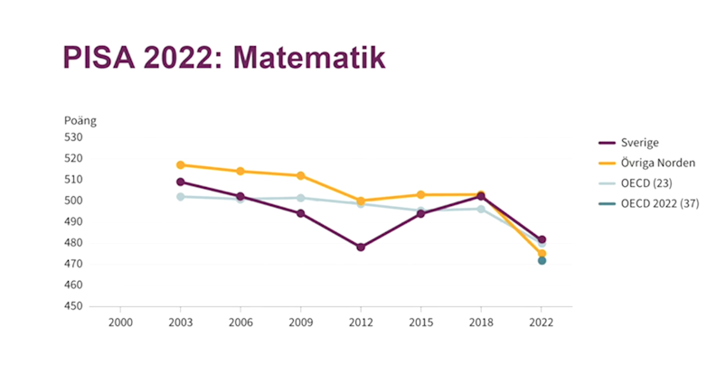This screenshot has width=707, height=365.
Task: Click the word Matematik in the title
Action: pos(308,57)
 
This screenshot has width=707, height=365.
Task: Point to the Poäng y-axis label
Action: pos(80,120)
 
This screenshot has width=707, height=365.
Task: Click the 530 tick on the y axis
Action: pos(72,137)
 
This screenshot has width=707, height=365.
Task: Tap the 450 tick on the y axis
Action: pos(72,306)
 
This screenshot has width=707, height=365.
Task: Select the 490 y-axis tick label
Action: pos(72,221)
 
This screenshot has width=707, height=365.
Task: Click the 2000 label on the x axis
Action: pos(120,322)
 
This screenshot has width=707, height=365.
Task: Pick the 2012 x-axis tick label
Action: pos(361,322)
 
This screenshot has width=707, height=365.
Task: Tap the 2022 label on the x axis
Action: pos(542,322)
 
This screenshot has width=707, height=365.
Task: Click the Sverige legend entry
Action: pos(639,143)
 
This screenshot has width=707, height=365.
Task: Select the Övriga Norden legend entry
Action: pos(657,164)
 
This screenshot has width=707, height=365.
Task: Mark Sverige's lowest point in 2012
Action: pos(361,247)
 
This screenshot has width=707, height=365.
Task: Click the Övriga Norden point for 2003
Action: pos(181,164)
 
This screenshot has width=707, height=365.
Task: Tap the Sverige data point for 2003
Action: pos(181,182)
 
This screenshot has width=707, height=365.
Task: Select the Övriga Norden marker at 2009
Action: pos(301,175)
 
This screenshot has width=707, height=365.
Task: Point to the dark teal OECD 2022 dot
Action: pos(542,260)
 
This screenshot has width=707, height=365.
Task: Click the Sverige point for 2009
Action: pos(301,213)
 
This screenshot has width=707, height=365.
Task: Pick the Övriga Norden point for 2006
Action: pos(240,171)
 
